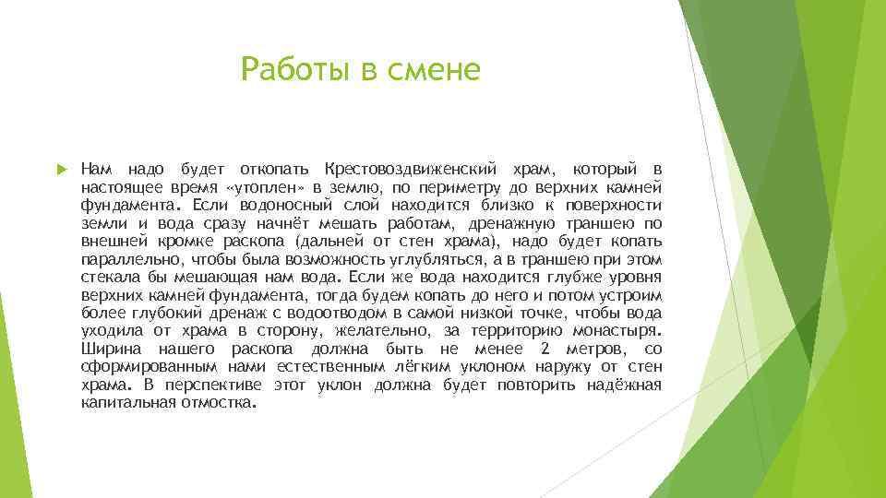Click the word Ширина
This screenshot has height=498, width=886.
(x=111, y=350)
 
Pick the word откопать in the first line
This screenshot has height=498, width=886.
(x=270, y=170)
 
